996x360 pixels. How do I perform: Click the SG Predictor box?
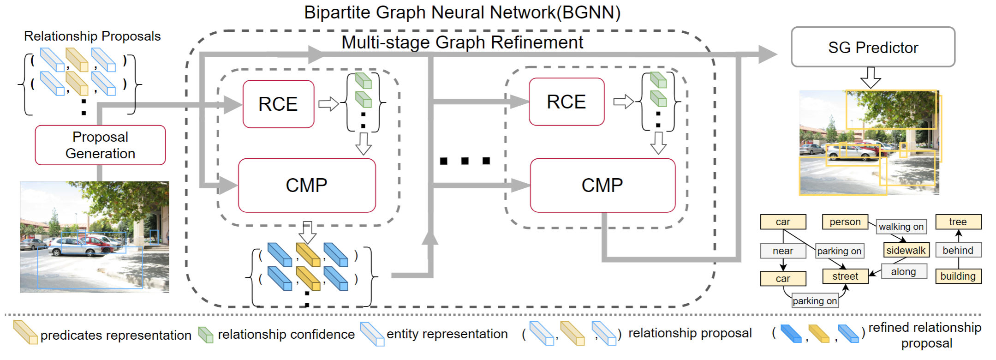(872, 47)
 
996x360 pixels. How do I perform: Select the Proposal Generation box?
(100, 145)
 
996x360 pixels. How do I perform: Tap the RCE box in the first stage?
(278, 104)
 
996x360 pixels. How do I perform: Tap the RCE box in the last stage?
(566, 102)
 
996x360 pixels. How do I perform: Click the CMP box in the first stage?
(306, 185)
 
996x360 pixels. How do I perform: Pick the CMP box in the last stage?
(602, 185)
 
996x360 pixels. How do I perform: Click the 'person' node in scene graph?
(845, 222)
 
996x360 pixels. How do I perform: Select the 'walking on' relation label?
(901, 227)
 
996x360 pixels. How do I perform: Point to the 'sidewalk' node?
(906, 250)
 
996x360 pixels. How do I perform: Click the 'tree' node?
(958, 222)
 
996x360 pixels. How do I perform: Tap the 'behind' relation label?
(958, 250)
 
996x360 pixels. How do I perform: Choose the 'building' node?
(958, 276)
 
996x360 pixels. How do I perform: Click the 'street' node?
(845, 276)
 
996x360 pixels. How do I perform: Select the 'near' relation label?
(783, 251)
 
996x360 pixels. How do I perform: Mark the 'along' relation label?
(903, 271)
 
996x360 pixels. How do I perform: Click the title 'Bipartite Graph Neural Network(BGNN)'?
(462, 12)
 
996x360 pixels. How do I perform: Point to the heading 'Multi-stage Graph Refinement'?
(462, 42)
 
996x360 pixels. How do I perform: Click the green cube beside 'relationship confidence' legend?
(206, 335)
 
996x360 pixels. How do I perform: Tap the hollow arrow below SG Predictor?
(871, 77)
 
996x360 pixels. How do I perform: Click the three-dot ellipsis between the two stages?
(465, 161)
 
